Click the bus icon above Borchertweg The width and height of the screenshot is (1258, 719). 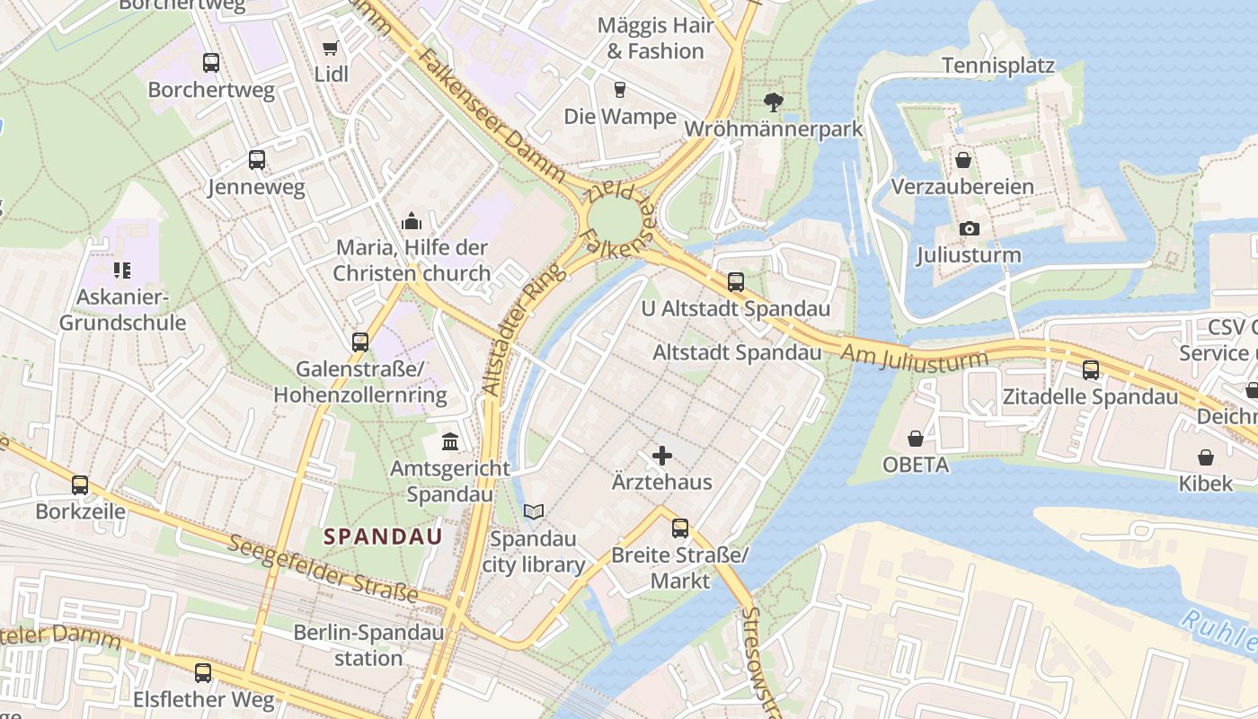pos(211,63)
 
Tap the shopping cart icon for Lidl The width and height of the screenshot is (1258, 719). pos(331,48)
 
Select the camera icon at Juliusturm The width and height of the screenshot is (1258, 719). pos(969,228)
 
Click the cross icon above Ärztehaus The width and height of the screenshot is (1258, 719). pos(662,456)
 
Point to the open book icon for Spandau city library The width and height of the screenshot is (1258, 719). pos(534,512)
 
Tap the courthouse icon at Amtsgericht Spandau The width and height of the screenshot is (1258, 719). pos(450,442)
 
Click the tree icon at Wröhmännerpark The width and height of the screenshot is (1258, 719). pos(772,102)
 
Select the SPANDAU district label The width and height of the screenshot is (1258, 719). pos(383,537)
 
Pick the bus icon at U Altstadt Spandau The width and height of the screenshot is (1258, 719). pos(736,282)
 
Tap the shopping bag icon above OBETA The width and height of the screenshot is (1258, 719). pos(916,439)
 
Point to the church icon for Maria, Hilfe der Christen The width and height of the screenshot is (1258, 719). pos(412,221)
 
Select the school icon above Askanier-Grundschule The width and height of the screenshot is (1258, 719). pos(122,270)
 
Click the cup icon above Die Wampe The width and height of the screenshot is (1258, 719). pos(619,90)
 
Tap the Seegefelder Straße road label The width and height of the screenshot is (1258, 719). pos(323,569)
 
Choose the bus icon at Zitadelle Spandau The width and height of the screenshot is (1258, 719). pos(1091,369)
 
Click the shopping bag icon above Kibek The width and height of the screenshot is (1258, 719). pos(1206,457)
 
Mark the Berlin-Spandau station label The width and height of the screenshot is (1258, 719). pos(368,645)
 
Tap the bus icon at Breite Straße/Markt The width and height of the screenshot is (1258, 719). pos(680,528)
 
